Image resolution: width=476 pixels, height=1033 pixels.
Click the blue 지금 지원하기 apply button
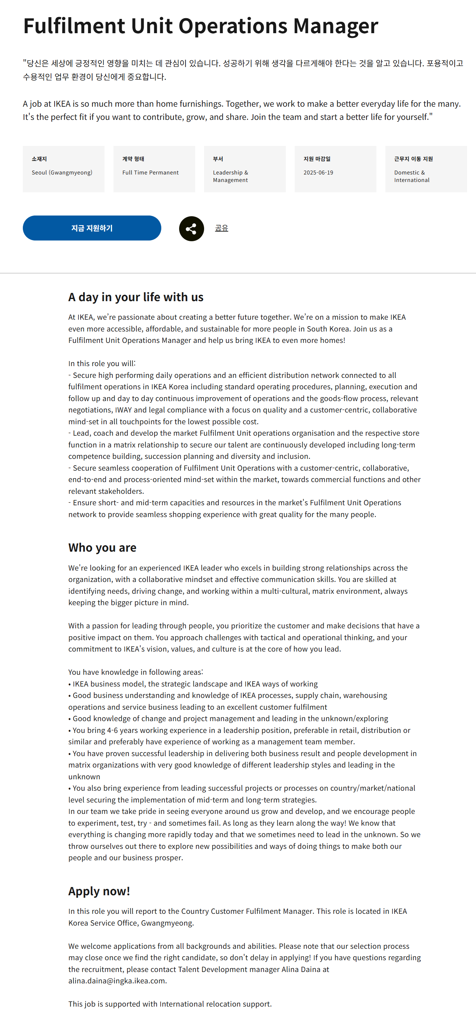[x=92, y=228]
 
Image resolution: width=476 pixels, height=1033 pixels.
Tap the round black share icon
[x=191, y=229]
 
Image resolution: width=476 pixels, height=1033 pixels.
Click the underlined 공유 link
[x=221, y=228]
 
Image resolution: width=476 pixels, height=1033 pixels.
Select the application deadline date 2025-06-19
[x=318, y=172]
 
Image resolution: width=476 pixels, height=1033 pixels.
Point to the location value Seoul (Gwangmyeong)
[x=62, y=172]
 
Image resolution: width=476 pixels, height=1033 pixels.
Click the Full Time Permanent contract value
[x=150, y=172]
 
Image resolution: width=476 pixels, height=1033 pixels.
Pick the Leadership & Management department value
[x=231, y=176]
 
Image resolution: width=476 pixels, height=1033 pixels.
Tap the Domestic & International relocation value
[x=411, y=176]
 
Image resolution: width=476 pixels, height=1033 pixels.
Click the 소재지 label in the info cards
[x=39, y=159]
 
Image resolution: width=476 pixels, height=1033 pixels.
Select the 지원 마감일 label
[x=317, y=159]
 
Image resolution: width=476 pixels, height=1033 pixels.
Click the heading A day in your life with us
[x=136, y=297]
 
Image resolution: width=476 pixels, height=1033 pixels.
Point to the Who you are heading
[x=102, y=548]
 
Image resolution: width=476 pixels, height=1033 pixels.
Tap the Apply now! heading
[x=99, y=891]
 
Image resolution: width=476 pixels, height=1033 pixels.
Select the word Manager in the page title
[x=335, y=26]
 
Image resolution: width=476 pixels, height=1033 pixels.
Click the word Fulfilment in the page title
[x=74, y=26]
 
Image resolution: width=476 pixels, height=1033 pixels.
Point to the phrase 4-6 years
[x=121, y=730]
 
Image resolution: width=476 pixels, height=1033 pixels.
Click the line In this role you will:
[x=102, y=363]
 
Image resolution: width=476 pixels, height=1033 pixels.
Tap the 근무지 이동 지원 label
[x=413, y=159]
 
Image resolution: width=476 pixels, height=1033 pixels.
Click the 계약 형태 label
[x=133, y=159]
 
